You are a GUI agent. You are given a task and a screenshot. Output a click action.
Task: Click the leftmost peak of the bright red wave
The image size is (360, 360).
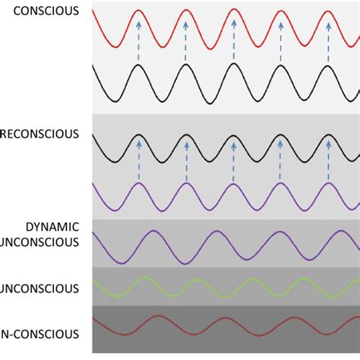(139, 11)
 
